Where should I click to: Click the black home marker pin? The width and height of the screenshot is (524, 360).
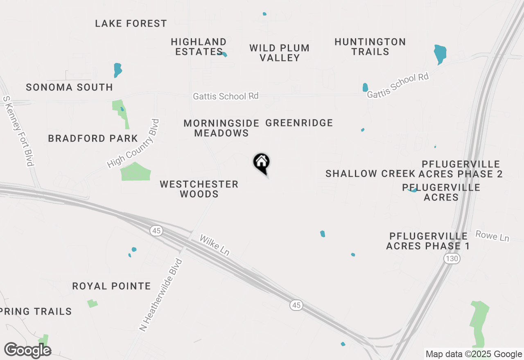click(x=262, y=163)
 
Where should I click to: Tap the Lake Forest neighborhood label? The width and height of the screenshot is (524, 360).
click(x=131, y=24)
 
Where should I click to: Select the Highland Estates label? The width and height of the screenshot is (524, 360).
click(x=199, y=47)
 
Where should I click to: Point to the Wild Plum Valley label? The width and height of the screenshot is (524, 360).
click(x=280, y=53)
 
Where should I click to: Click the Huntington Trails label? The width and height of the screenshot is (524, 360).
click(x=370, y=47)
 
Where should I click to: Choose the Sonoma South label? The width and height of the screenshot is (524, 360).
click(x=69, y=87)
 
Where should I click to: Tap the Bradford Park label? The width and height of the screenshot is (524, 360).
click(x=93, y=138)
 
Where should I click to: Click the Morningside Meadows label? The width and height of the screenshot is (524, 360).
click(x=221, y=128)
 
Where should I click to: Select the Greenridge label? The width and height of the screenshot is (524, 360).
click(x=299, y=123)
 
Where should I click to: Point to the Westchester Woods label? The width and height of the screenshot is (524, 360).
click(x=199, y=189)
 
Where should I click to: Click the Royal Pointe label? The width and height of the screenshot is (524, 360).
click(x=111, y=286)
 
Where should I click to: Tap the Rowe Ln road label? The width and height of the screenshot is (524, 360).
click(x=492, y=236)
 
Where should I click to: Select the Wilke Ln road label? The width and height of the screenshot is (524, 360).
click(x=214, y=245)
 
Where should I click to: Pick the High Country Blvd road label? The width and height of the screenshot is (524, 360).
click(x=133, y=144)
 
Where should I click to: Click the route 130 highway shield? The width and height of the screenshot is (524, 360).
click(x=452, y=259)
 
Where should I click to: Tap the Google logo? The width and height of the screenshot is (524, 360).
click(x=27, y=351)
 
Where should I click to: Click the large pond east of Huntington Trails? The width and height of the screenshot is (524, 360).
click(x=440, y=54)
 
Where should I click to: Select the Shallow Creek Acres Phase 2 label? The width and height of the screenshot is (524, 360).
click(x=414, y=173)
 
